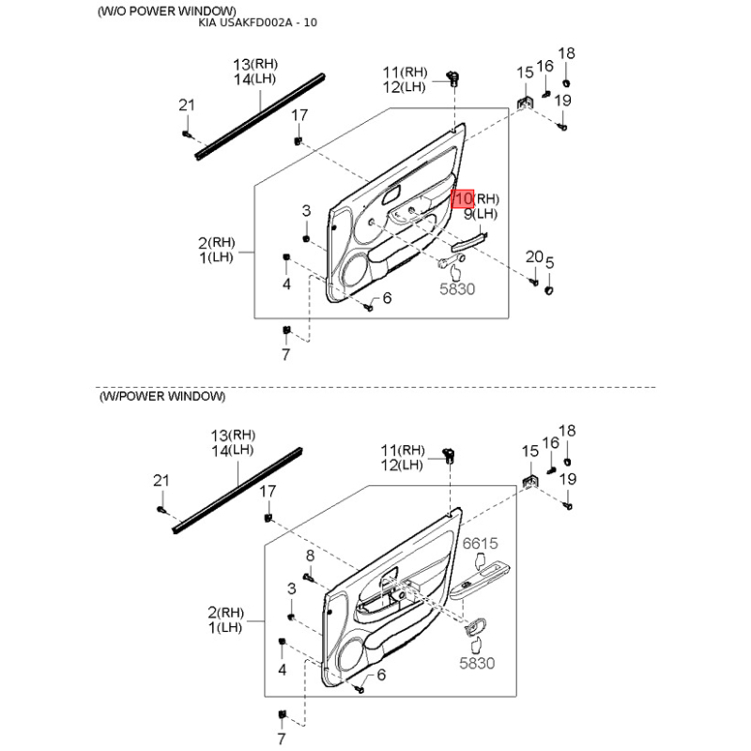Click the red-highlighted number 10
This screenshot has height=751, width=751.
click(463, 199)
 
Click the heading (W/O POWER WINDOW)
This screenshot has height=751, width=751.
click(167, 11)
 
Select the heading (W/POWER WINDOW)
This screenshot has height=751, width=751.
click(161, 396)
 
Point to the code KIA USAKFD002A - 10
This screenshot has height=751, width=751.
click(257, 23)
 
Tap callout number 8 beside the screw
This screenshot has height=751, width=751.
click(311, 555)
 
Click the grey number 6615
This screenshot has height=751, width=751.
click(480, 544)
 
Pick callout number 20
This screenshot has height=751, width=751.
click(534, 256)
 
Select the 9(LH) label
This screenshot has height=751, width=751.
click(481, 214)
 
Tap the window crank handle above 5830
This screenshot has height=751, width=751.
click(452, 261)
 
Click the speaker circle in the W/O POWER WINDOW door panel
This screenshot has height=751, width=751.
click(356, 273)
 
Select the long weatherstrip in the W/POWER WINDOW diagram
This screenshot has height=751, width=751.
click(238, 490)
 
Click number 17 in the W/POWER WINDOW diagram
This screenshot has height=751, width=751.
click(268, 491)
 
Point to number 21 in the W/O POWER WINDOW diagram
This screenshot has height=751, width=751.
click(186, 105)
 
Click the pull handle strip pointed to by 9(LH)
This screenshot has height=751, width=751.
click(470, 242)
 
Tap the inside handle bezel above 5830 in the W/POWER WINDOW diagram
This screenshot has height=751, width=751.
click(476, 626)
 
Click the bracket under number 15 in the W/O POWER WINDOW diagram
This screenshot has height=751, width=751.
click(525, 102)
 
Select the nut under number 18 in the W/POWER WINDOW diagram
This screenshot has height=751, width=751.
click(567, 462)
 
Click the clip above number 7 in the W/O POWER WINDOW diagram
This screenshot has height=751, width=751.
click(286, 330)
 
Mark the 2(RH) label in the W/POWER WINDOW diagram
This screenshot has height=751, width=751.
click(225, 612)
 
